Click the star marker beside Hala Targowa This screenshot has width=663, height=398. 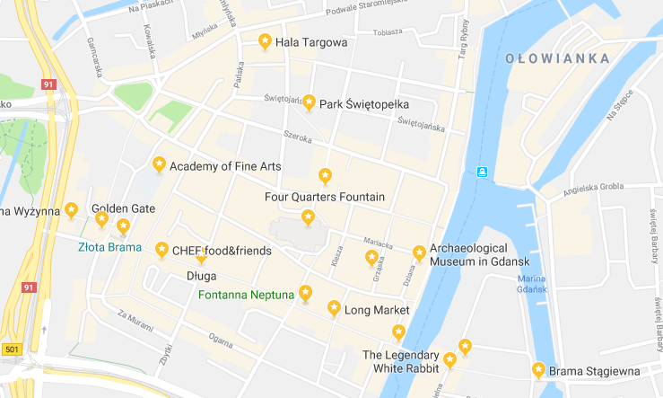click(265, 41)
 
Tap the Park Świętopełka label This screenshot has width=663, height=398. click(359, 103)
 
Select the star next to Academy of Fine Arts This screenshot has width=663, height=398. click(159, 164)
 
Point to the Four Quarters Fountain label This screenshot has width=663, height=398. click(325, 197)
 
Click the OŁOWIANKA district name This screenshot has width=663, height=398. click(557, 58)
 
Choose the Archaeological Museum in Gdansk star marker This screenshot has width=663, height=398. click(418, 253)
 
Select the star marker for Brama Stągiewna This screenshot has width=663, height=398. click(538, 369)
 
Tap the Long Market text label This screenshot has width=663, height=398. click(377, 311)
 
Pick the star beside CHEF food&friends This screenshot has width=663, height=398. click(161, 249)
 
